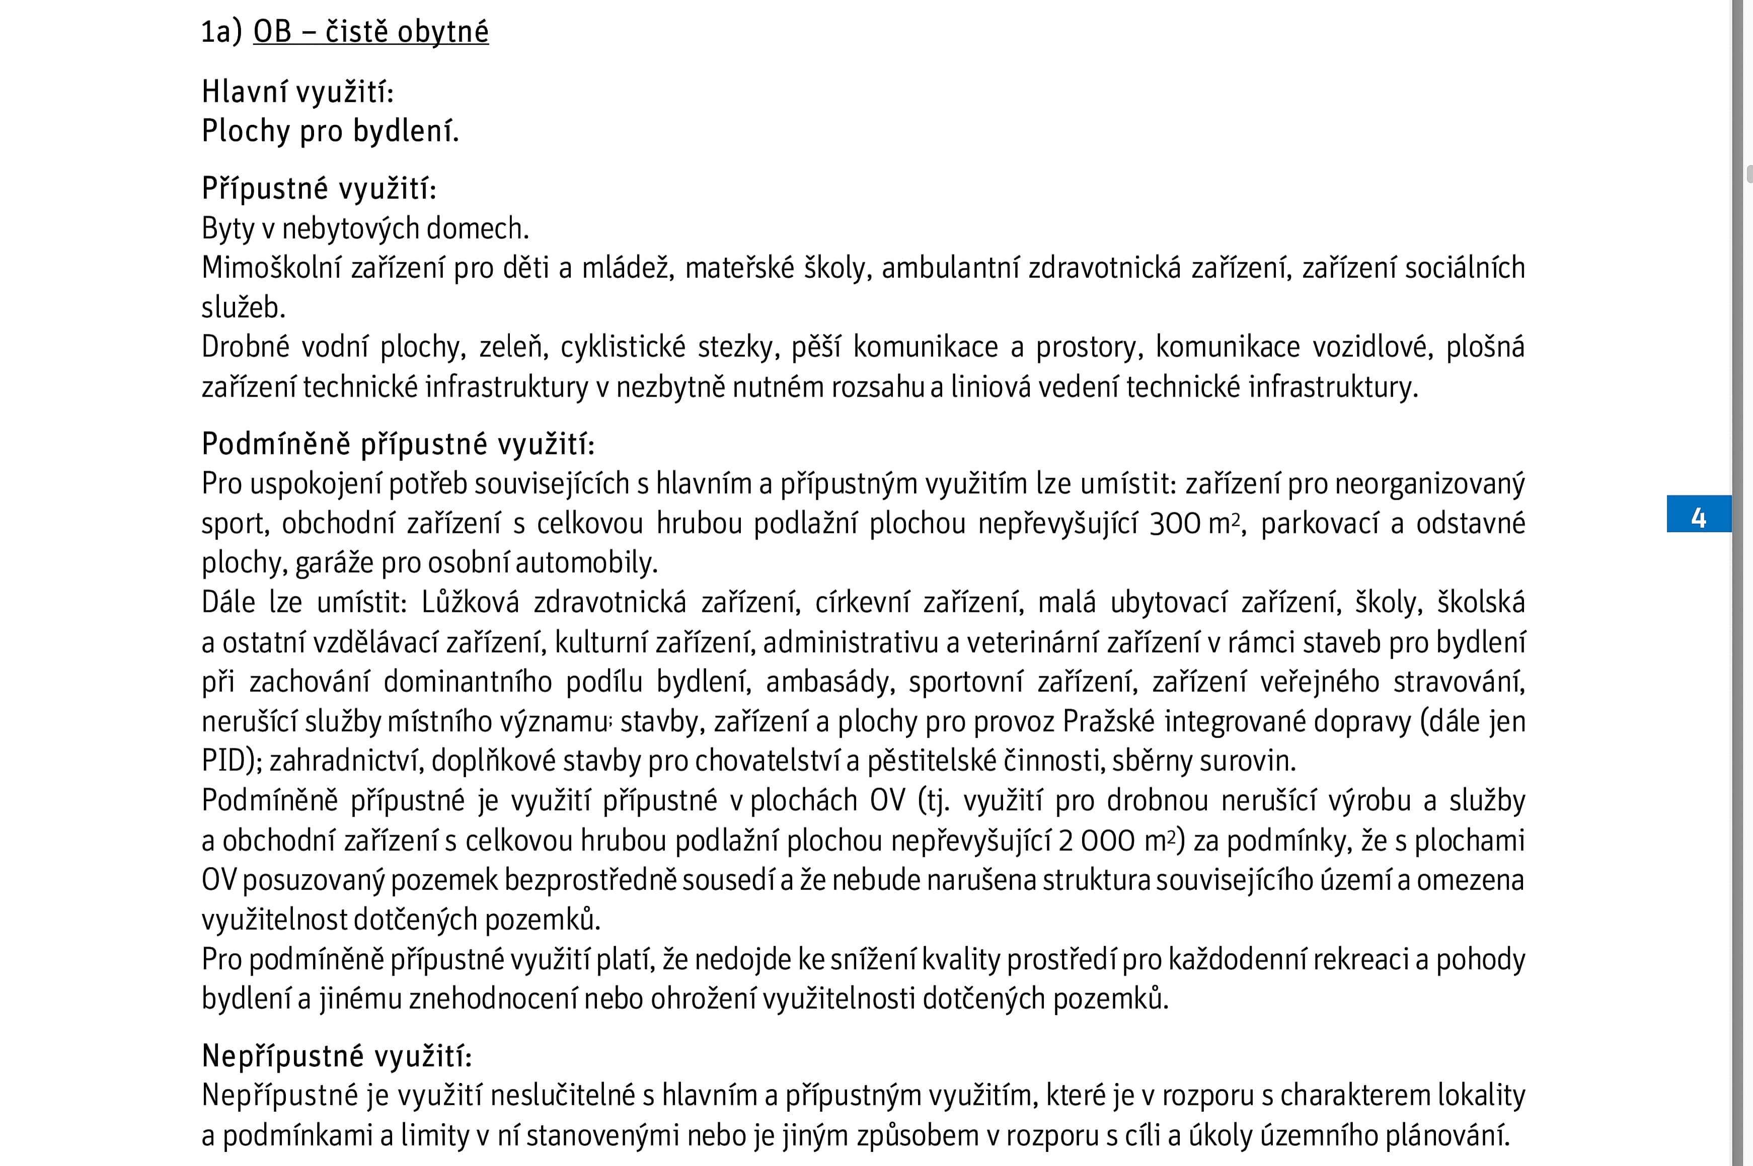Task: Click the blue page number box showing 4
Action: [x=1698, y=515]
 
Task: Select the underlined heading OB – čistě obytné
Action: [x=370, y=32]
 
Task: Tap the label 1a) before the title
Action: [x=221, y=32]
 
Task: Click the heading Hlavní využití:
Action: [x=297, y=92]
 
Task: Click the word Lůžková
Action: [x=470, y=602]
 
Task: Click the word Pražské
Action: [x=1109, y=721]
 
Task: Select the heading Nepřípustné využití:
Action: [x=337, y=1055]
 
